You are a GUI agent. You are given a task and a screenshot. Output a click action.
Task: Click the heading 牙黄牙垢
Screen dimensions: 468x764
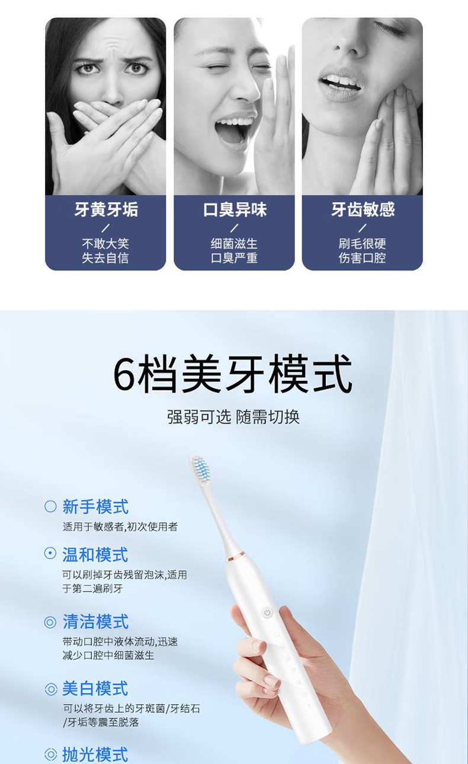pos(106,209)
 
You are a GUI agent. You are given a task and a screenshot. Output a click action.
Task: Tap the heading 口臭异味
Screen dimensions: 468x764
pos(235,209)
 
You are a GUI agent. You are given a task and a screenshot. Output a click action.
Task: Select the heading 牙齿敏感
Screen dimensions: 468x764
pos(363,209)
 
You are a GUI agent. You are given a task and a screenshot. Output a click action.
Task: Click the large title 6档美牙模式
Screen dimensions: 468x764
pos(232,374)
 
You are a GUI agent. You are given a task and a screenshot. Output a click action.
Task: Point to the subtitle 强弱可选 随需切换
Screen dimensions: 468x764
pos(233,417)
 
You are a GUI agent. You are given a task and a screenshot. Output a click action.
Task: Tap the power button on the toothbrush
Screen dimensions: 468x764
pos(267,613)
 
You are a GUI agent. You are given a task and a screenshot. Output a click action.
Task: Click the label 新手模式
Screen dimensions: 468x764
pos(95,507)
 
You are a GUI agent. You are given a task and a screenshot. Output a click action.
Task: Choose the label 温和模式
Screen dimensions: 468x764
pos(95,555)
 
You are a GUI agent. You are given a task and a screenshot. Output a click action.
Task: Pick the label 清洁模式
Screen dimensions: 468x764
pos(95,622)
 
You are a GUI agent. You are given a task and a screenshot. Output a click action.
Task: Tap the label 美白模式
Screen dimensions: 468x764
pos(95,688)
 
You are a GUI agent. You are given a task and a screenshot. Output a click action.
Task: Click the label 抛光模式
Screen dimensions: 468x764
pos(95,755)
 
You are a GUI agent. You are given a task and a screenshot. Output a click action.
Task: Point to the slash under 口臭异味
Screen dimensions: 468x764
pos(235,228)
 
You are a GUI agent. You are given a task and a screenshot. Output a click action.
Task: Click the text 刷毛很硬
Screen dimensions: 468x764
pos(363,244)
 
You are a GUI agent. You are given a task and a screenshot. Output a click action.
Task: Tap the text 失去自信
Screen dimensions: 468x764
pos(105,258)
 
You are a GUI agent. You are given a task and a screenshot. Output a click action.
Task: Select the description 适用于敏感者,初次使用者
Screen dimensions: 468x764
pos(120,527)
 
